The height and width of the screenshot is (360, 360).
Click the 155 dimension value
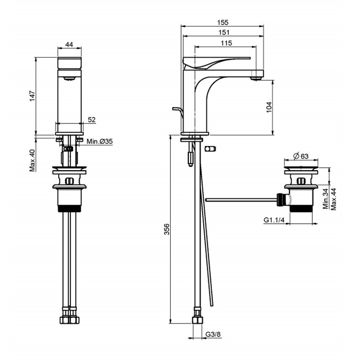coord(222,23)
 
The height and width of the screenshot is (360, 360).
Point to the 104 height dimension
coord(269,107)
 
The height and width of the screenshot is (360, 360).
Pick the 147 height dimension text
coord(32,96)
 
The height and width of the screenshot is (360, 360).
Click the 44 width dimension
coord(69,44)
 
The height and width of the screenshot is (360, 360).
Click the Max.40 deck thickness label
coord(32,160)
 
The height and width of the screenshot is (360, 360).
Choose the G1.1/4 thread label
coord(274,220)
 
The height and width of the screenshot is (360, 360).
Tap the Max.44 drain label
coord(334,199)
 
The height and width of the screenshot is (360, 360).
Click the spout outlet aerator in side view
coord(255,78)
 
